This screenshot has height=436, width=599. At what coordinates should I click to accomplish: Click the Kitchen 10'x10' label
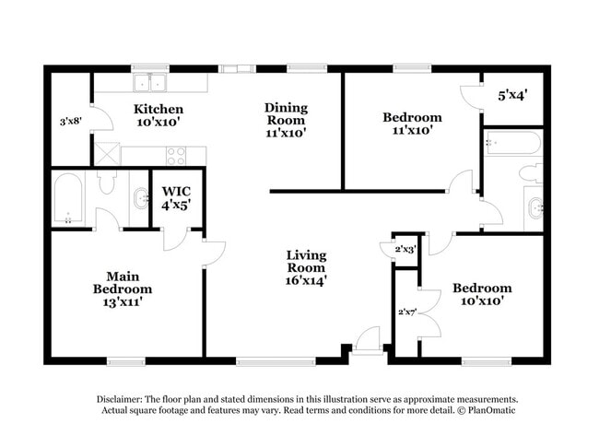click(159, 115)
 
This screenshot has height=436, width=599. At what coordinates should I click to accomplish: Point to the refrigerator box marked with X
click(106, 154)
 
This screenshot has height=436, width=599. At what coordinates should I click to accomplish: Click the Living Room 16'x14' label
click(306, 266)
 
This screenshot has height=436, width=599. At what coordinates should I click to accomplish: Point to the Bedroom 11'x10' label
click(412, 124)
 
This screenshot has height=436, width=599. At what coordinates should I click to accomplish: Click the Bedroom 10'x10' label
click(481, 295)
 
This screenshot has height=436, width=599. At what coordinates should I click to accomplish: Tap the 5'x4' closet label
click(512, 94)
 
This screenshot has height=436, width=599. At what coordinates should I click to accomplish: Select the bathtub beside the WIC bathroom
click(69, 198)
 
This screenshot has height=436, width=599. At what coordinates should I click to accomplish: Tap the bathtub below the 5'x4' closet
click(512, 144)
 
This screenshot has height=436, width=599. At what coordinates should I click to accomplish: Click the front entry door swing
click(368, 338)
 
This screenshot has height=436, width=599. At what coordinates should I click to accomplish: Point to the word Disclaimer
click(123, 398)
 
